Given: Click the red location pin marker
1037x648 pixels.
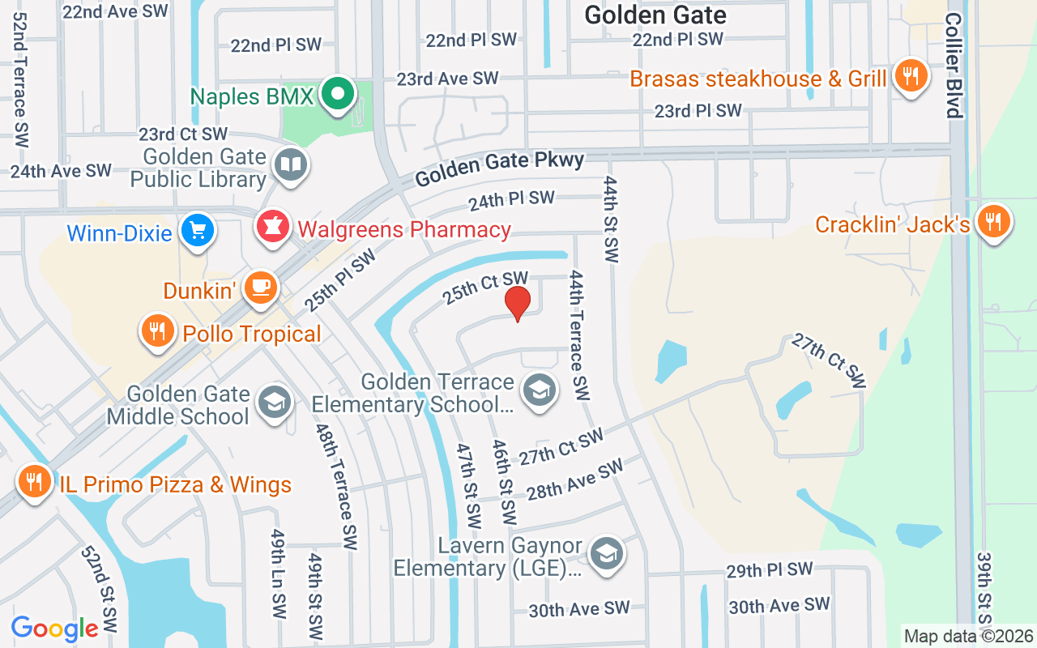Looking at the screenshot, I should click(x=517, y=303).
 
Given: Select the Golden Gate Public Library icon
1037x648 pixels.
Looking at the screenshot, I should click(x=289, y=166).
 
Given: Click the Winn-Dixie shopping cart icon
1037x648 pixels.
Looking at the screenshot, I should click(x=197, y=231).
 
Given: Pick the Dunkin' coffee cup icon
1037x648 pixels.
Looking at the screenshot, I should click(x=260, y=288).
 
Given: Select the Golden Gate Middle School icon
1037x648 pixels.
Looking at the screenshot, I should click(x=275, y=403).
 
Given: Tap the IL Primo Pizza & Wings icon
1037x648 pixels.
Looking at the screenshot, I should click(x=34, y=482).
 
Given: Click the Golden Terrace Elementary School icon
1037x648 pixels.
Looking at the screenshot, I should click(x=537, y=390).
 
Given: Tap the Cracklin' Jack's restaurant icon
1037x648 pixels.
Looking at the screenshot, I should click(x=992, y=221).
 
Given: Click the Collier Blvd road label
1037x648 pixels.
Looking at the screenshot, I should click(x=954, y=65).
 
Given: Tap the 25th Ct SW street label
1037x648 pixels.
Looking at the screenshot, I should click(x=484, y=288).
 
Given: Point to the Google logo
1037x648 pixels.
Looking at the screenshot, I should click(x=54, y=629).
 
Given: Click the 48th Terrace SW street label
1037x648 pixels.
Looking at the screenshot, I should click(x=338, y=486).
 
